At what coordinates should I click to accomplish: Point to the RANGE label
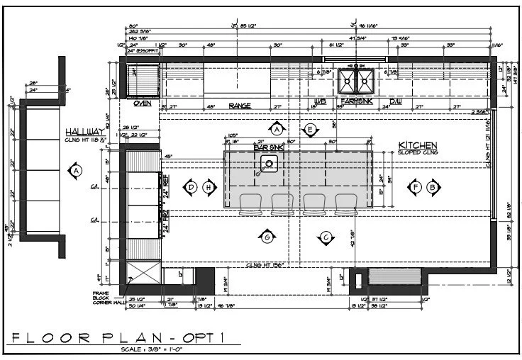239,106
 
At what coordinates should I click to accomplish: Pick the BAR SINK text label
270,147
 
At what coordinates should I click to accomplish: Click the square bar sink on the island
270,165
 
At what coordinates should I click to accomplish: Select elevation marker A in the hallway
75,170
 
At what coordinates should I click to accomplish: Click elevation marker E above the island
310,129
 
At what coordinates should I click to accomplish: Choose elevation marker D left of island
191,187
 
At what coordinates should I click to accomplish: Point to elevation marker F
416,187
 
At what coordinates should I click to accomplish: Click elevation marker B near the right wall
433,187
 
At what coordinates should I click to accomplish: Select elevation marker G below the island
267,237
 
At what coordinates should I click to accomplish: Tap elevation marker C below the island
326,237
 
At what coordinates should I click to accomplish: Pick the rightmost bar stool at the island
345,203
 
